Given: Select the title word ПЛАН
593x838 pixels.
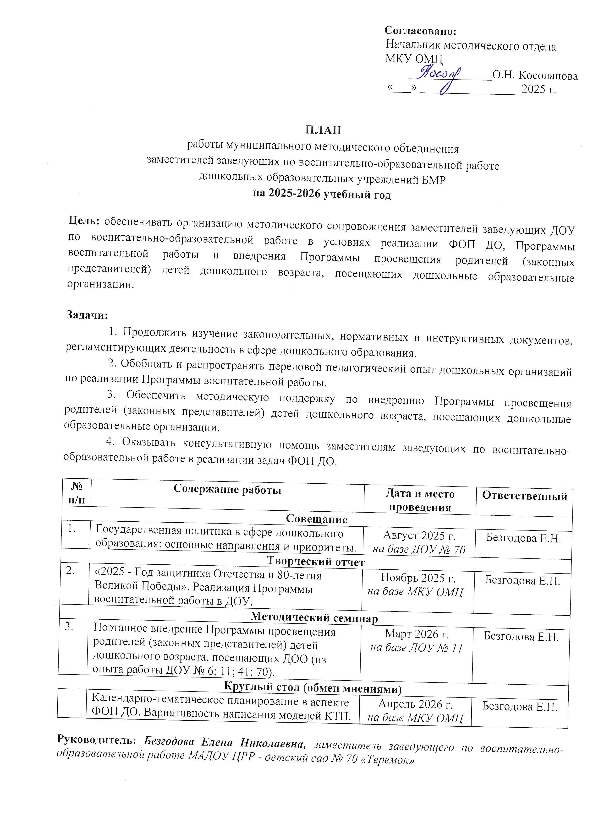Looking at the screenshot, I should point(323,130).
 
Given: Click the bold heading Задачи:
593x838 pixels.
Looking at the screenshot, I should point(87,315).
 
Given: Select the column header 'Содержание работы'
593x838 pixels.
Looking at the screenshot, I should point(227,489).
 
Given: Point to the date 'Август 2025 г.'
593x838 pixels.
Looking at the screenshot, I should point(419,535).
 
